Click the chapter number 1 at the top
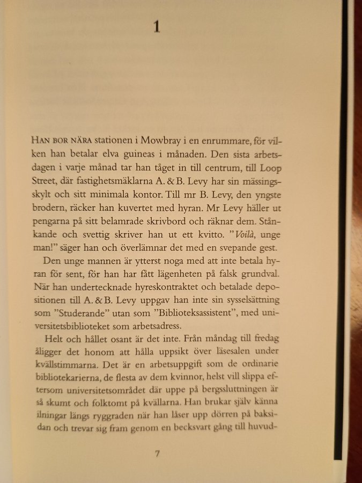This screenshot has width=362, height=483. coord(157,27)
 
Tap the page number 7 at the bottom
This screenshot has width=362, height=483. coord(157,454)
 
